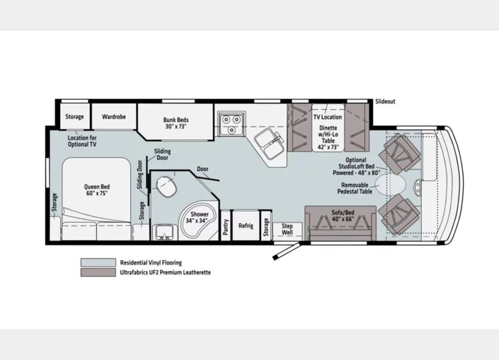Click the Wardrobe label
(114, 117)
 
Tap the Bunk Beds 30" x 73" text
(176, 123)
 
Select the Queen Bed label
(97, 190)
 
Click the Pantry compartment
(225, 226)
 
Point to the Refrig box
(245, 225)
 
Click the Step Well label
(287, 229)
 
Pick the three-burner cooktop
(230, 123)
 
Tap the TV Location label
(328, 117)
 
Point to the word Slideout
(385, 101)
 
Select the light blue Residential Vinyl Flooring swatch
(98, 262)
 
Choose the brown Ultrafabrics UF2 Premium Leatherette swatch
(98, 273)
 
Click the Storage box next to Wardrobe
(75, 117)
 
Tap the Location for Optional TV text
(82, 141)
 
